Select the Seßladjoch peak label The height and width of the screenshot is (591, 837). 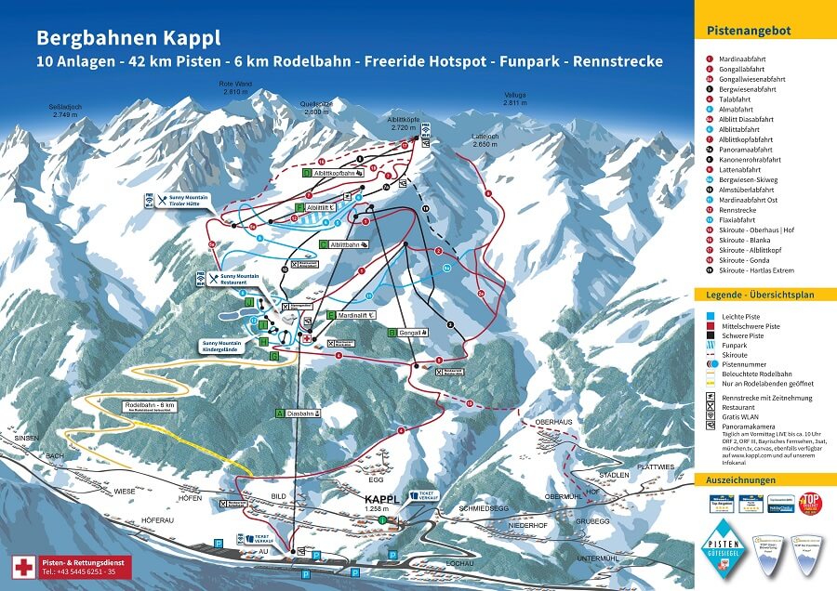click(65, 110)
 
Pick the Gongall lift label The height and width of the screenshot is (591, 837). click(411, 332)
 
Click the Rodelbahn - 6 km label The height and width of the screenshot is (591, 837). click(150, 406)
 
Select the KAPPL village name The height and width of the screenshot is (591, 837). click(381, 499)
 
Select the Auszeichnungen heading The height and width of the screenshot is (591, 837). click(740, 480)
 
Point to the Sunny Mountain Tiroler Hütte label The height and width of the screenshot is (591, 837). click(189, 203)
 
